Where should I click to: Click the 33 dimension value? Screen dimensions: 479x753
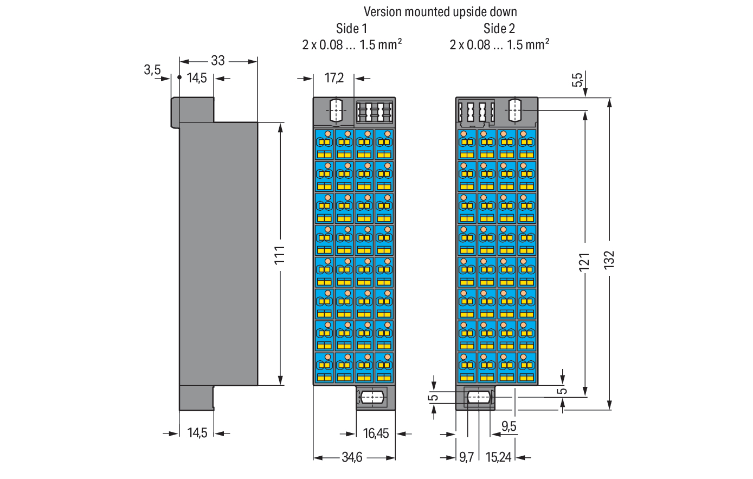point(218,61)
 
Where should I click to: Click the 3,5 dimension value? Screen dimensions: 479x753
point(152,70)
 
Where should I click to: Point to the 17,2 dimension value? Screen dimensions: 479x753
point(334,79)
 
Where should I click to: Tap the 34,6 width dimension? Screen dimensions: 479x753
point(352,458)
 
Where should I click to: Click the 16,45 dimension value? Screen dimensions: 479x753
point(376,433)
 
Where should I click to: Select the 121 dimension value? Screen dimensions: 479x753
point(584,262)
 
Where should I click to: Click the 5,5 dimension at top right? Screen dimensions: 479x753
point(577,80)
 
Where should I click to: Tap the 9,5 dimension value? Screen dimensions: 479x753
point(509,426)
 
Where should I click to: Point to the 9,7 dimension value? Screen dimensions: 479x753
point(466,458)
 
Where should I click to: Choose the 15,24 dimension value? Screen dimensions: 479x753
point(498,458)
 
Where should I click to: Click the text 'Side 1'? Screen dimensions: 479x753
point(351,29)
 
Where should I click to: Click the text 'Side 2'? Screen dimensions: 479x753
point(499,29)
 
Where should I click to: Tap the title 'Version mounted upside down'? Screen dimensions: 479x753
point(440,12)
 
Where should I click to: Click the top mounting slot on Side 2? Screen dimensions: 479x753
point(514,110)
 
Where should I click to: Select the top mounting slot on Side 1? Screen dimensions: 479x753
point(336,110)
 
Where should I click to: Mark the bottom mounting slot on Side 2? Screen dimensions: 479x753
point(479,397)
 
